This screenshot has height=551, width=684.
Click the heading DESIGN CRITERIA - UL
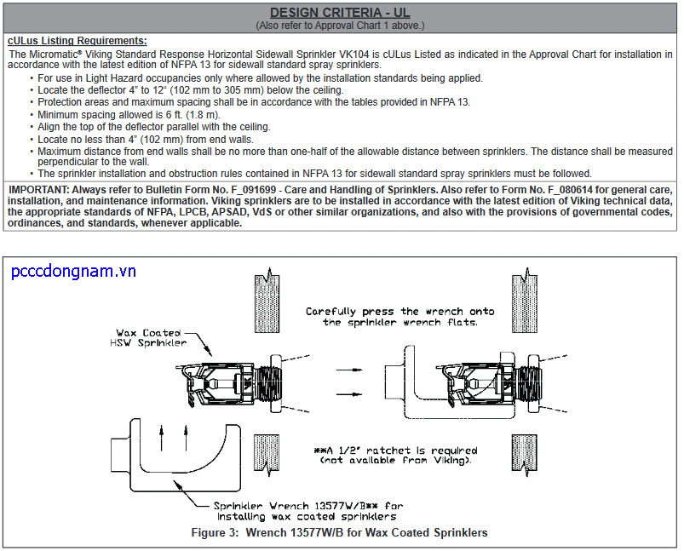[x=341, y=13]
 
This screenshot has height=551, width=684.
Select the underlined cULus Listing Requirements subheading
[x=77, y=41]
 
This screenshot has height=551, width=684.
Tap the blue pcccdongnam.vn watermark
[x=74, y=272]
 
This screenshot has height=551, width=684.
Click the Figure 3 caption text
[x=341, y=532]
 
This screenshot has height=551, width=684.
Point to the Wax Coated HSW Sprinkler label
[x=151, y=338]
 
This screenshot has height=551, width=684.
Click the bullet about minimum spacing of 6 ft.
[x=129, y=114]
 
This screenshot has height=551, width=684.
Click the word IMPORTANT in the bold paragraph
[x=37, y=189]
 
